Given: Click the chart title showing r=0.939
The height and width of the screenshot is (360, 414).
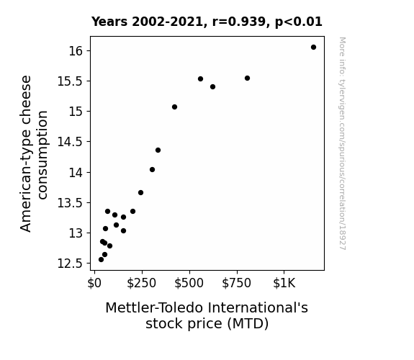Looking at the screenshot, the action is pyautogui.click(x=207, y=22).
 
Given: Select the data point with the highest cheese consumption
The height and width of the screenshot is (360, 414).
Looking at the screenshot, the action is pyautogui.click(x=313, y=48).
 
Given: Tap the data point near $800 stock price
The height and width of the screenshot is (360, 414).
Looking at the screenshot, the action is pyautogui.click(x=247, y=78).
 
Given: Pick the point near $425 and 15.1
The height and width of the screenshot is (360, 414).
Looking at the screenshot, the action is pyautogui.click(x=174, y=107).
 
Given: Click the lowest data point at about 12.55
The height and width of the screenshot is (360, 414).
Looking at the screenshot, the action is pyautogui.click(x=101, y=260).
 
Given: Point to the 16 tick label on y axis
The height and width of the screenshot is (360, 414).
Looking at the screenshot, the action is pyautogui.click(x=76, y=51).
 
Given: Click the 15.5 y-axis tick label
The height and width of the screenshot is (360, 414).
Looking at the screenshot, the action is pyautogui.click(x=70, y=81).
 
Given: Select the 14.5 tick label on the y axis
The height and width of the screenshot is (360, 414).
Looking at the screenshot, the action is pyautogui.click(x=70, y=142).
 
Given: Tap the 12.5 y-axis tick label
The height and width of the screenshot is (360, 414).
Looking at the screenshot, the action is pyautogui.click(x=70, y=264).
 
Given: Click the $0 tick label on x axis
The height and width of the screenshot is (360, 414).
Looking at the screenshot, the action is pyautogui.click(x=94, y=283).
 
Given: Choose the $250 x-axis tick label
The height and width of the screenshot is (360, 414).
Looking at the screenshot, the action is pyautogui.click(x=142, y=283).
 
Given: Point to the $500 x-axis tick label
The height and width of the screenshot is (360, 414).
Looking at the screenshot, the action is pyautogui.click(x=189, y=283).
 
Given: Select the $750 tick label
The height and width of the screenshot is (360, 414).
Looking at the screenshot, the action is pyautogui.click(x=237, y=283).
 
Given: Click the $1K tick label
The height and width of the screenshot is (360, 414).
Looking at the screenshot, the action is pyautogui.click(x=284, y=283).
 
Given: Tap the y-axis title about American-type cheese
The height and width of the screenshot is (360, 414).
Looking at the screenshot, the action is pyautogui.click(x=34, y=153).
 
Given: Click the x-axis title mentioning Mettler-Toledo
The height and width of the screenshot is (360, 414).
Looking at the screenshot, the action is pyautogui.click(x=207, y=315).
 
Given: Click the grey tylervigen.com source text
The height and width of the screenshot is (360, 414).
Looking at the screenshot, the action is pyautogui.click(x=343, y=143).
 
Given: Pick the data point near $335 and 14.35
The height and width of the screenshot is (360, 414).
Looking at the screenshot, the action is pyautogui.click(x=158, y=150).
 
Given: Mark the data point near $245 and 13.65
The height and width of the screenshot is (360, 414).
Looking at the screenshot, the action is pyautogui.click(x=140, y=193).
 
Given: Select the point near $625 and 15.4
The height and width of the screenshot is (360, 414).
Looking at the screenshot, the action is pyautogui.click(x=213, y=87).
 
